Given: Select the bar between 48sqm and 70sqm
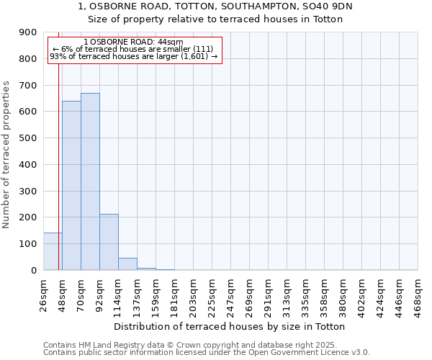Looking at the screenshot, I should [71, 186].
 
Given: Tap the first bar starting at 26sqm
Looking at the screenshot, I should [52, 251].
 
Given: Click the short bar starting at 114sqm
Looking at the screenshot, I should [127, 264].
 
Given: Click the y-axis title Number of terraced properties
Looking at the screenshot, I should [6, 155].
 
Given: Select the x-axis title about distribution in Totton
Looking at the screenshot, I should [230, 326].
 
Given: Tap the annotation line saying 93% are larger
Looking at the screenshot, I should [134, 56].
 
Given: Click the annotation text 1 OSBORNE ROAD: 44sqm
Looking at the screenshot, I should [133, 42].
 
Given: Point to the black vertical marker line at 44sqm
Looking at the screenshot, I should [58, 166].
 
